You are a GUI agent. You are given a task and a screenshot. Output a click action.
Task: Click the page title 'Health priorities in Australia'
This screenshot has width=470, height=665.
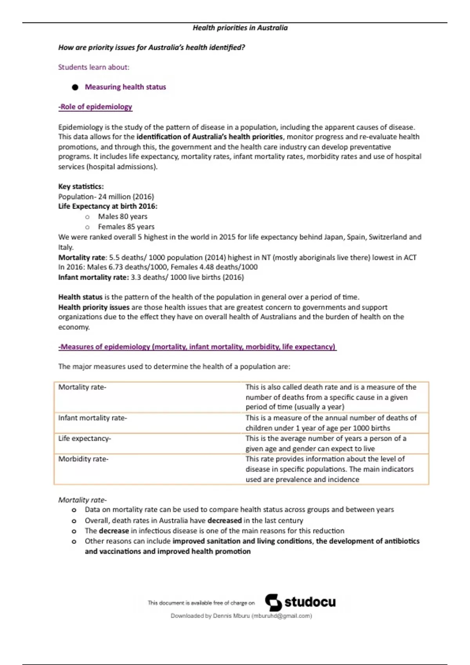240,28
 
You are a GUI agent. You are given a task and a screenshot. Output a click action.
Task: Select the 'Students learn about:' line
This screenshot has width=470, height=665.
94,67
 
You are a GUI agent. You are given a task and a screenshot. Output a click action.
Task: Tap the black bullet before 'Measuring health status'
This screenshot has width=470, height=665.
75,87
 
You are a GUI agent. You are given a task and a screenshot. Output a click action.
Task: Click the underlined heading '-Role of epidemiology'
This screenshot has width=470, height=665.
95,107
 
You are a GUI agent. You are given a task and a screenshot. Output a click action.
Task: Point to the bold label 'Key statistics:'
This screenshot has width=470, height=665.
81,187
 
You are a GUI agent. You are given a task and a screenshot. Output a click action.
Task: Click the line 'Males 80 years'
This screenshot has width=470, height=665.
123,217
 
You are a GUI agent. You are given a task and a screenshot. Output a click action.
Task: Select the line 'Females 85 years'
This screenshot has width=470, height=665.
126,227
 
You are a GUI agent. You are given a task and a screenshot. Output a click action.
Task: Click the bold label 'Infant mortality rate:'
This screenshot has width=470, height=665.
93,277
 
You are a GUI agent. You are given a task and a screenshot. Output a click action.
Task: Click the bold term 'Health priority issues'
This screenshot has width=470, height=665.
94,307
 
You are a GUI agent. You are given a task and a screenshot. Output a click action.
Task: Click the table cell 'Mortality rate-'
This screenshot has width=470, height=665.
82,387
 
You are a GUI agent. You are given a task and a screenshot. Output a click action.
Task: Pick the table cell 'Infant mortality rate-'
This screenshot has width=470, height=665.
92,418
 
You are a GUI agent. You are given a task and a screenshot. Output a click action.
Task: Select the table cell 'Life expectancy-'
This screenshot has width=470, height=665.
85,439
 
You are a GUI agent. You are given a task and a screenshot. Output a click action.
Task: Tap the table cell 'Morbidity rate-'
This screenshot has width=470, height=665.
83,459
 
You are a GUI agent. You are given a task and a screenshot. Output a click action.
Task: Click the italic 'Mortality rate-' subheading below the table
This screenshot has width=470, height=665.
82,500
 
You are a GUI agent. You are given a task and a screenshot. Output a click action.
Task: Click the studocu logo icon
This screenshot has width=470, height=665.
273,602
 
